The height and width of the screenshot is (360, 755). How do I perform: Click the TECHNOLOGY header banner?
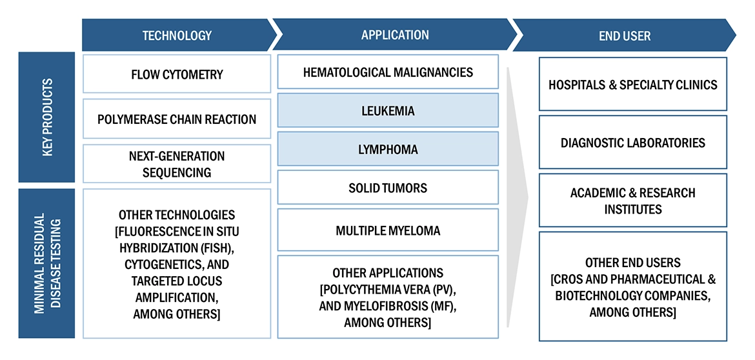(x=176, y=35)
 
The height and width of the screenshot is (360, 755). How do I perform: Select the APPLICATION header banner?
(x=394, y=35)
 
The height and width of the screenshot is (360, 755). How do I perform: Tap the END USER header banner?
(x=623, y=35)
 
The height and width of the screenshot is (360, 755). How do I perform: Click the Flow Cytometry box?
(x=176, y=74)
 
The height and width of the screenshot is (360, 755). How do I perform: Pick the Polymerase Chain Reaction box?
(x=176, y=119)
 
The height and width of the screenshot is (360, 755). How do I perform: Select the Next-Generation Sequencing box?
(x=176, y=164)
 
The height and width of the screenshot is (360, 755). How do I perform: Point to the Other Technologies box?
(x=176, y=263)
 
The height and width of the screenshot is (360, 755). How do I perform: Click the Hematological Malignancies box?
(x=388, y=72)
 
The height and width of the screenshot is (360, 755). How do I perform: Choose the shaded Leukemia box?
(x=388, y=110)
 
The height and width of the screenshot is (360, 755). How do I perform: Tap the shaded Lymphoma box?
(x=388, y=149)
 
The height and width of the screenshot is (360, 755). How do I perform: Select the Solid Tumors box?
(x=388, y=188)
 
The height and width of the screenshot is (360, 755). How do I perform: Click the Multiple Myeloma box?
(x=388, y=230)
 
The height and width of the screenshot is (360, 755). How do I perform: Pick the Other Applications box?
(x=388, y=297)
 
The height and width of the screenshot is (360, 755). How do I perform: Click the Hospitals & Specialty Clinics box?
(x=632, y=84)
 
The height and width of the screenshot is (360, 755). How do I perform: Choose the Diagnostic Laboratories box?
(x=632, y=142)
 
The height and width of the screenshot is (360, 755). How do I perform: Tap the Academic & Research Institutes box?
(x=632, y=200)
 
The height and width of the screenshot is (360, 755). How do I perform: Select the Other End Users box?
(x=632, y=286)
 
